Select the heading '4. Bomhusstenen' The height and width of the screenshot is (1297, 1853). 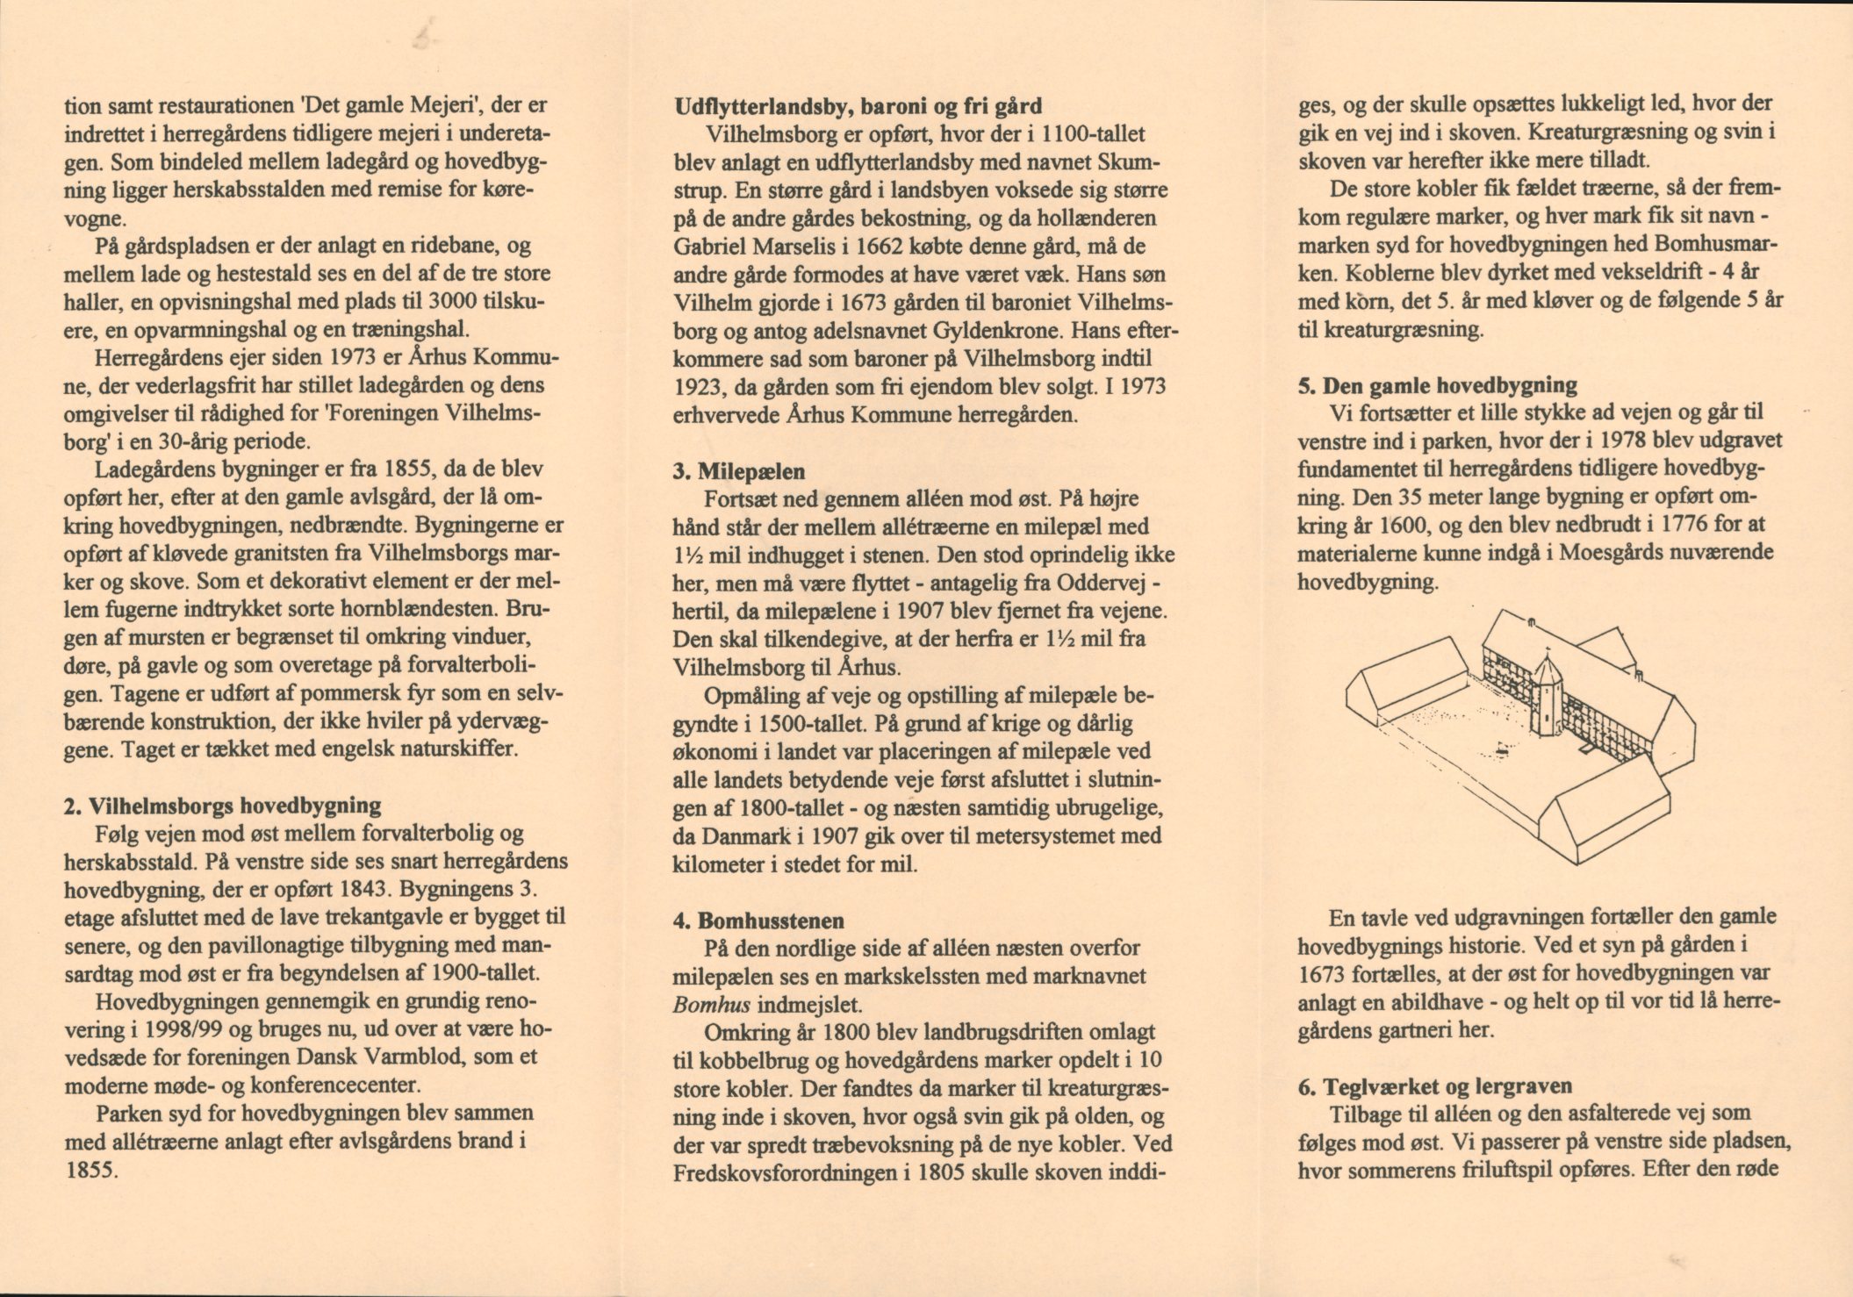758,921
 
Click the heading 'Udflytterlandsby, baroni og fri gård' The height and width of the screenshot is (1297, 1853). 858,107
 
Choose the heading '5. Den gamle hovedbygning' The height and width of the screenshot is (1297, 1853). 1437,385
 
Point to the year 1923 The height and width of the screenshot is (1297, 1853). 700,387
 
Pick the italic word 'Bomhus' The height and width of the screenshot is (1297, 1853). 708,1005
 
